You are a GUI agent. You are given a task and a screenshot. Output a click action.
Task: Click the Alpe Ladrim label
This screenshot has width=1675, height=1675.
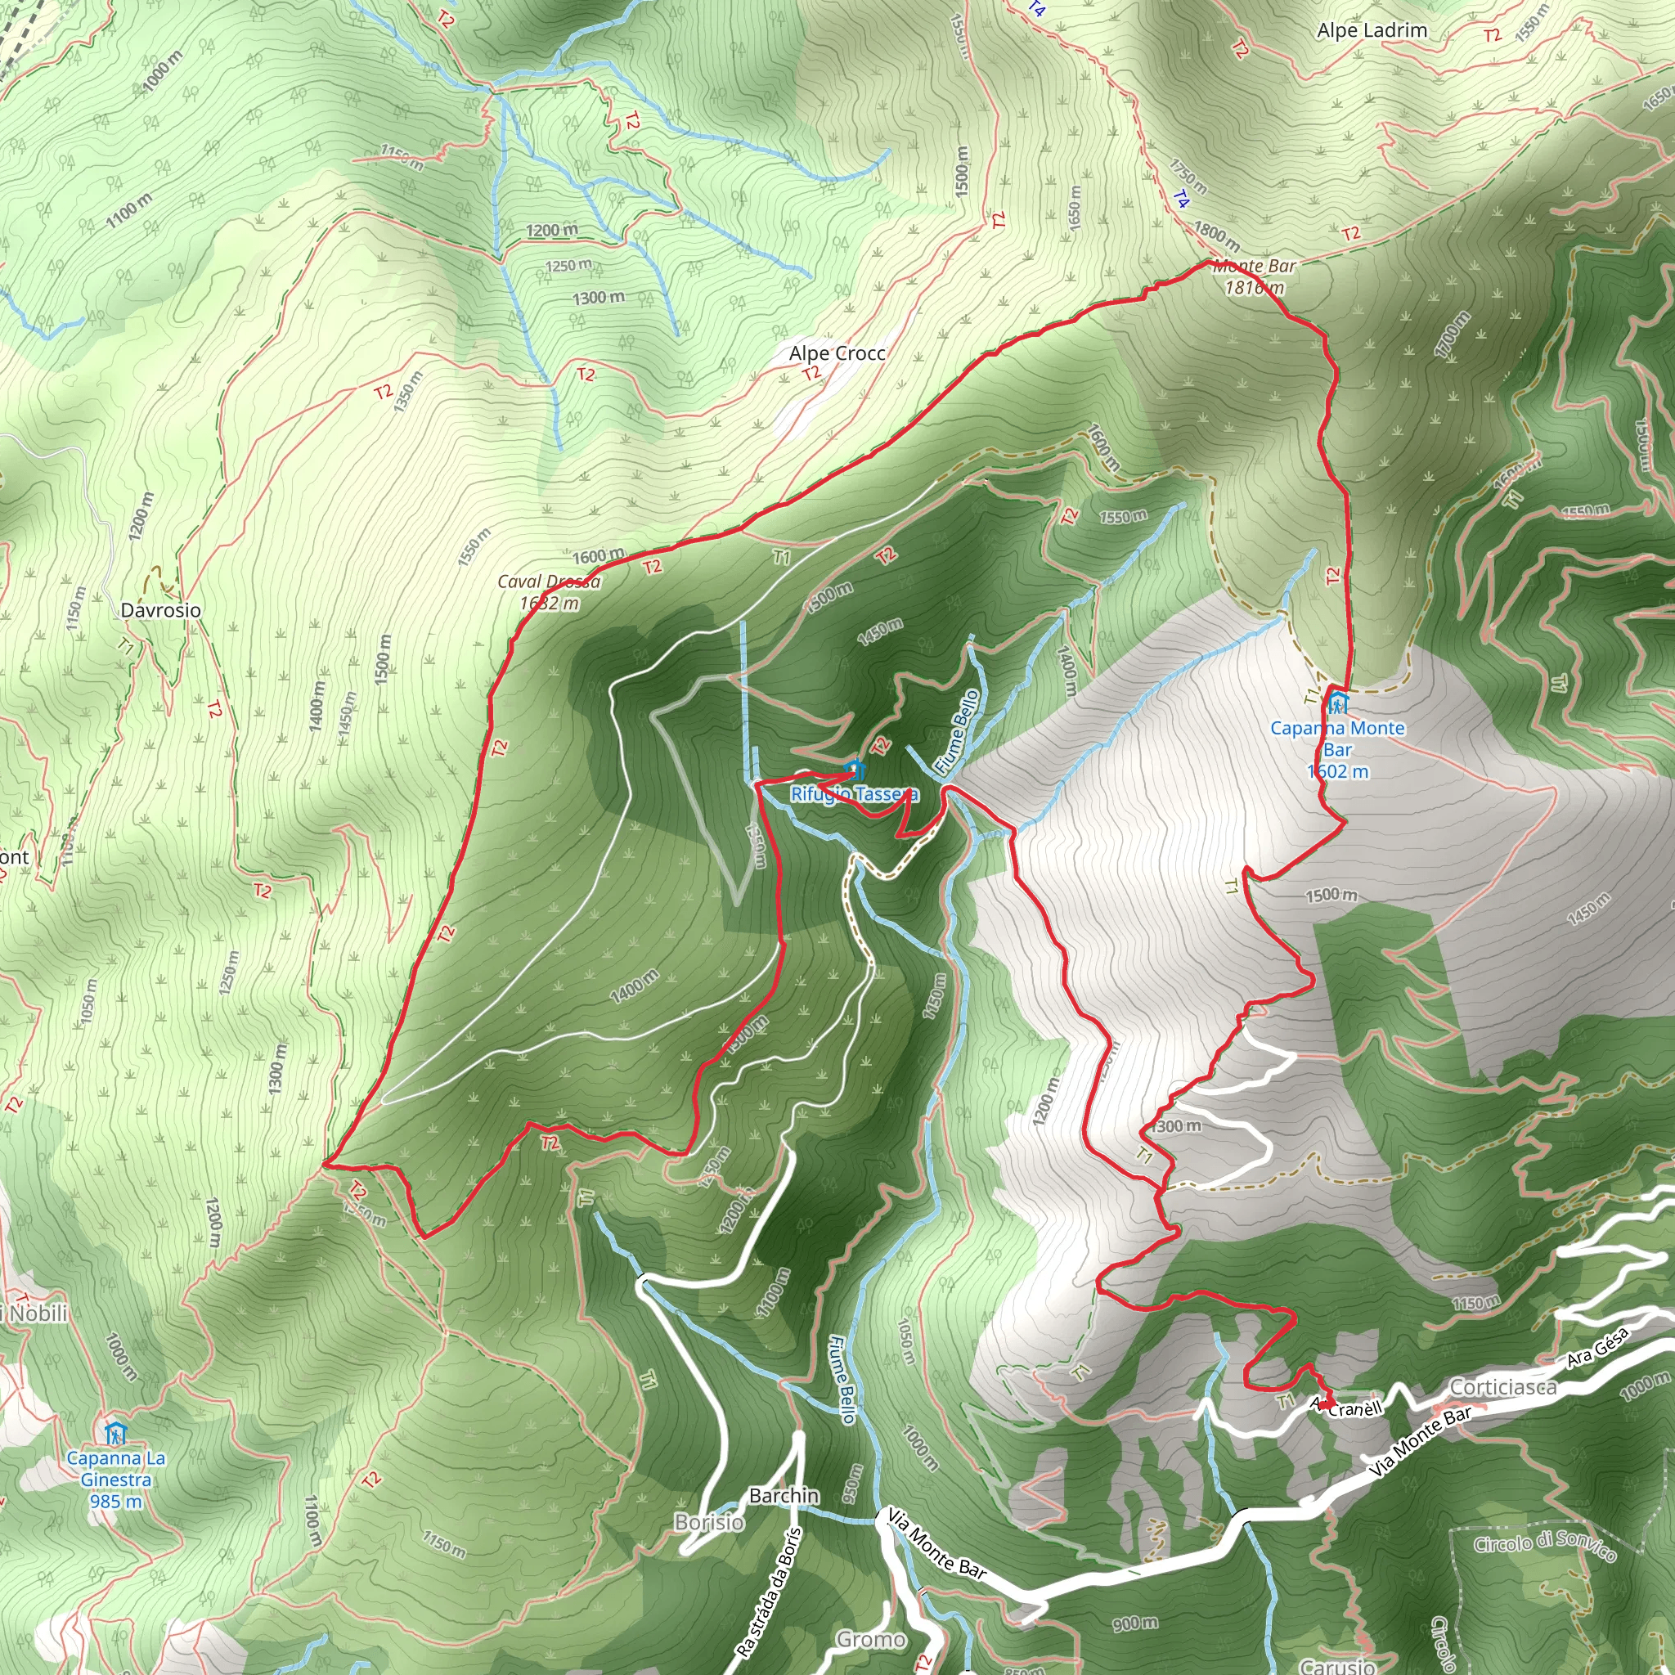1372,30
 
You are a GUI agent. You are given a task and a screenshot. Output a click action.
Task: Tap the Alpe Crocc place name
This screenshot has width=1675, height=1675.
837,353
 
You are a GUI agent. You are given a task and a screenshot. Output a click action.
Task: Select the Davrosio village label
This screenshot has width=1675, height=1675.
160,610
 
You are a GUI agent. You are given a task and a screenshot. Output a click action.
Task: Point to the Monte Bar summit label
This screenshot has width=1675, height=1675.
1254,267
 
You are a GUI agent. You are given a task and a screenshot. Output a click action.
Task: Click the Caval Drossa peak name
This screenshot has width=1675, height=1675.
548,582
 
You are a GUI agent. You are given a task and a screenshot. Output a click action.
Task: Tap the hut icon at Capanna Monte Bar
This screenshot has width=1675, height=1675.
1338,702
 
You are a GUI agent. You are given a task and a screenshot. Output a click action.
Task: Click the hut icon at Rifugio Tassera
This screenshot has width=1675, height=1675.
855,769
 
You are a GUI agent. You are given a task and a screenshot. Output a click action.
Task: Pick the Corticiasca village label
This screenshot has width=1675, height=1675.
1502,1388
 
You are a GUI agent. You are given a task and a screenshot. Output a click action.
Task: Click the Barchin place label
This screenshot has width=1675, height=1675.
784,1496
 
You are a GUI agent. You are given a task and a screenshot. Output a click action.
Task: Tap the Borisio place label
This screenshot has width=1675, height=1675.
709,1522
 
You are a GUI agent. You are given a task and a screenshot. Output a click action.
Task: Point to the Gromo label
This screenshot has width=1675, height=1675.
870,1640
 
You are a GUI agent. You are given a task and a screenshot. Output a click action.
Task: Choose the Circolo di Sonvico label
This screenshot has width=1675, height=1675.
1545,1544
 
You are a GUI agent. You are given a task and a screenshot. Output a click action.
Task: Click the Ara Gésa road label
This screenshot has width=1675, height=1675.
1598,1348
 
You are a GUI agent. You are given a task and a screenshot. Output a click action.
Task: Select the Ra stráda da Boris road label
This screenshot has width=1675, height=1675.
769,1591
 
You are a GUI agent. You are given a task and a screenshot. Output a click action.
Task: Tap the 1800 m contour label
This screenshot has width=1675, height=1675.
1216,233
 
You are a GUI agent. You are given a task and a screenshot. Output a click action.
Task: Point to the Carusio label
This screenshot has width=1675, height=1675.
1337,1665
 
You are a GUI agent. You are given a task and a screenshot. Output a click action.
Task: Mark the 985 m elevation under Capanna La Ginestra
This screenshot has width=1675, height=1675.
116,1501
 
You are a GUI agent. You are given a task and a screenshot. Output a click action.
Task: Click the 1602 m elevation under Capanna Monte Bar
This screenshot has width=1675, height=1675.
1338,771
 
